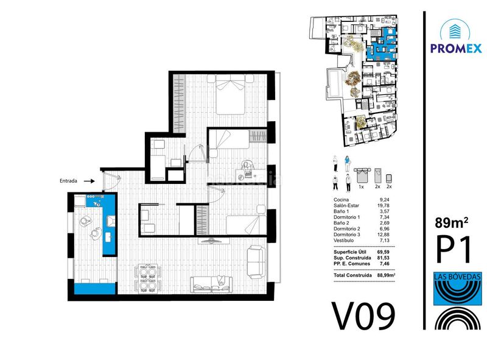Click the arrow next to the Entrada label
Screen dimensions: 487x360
[x=89, y=181]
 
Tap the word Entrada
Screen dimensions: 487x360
[x=68, y=181]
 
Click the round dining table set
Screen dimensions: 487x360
[x=147, y=277]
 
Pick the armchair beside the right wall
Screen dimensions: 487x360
[x=256, y=262]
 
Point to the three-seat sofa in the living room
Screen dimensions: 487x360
[x=211, y=284]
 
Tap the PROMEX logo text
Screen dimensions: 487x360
[x=456, y=48]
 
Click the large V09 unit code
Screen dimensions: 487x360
[x=363, y=316]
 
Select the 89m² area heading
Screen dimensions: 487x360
[x=452, y=222]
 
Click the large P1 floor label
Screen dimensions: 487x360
[x=454, y=249]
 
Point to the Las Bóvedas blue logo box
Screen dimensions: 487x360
[x=458, y=289]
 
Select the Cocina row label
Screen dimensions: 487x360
[x=341, y=200]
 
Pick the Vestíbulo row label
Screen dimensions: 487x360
[x=343, y=241]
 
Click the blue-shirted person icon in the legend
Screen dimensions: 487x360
[x=347, y=163]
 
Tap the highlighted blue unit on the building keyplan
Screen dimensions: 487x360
[x=382, y=44]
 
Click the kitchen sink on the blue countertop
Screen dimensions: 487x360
[x=111, y=221]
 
